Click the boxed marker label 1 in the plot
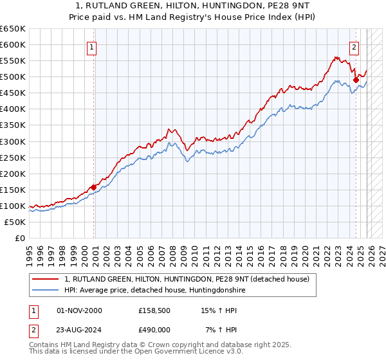point(92,47)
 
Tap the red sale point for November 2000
point(94,187)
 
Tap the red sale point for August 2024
point(356,80)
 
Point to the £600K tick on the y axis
point(13,44)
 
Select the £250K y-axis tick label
point(13,157)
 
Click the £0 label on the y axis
point(20,238)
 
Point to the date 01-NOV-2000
point(80,310)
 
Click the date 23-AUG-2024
point(80,330)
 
